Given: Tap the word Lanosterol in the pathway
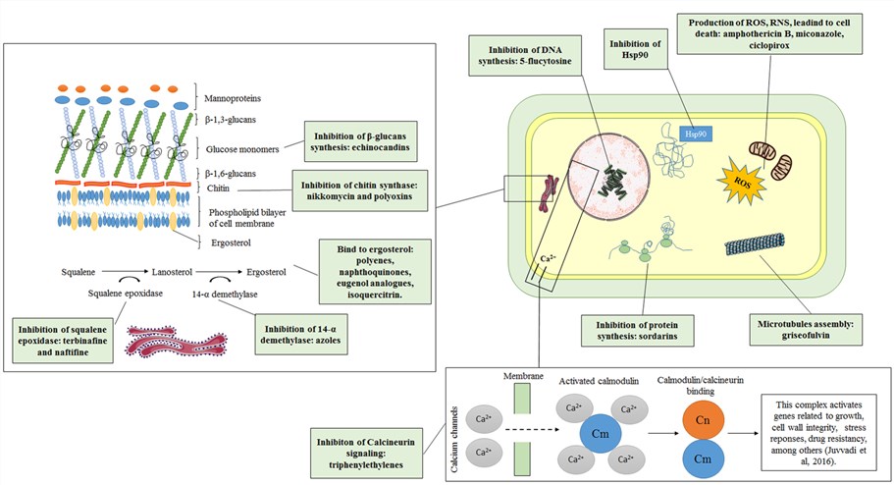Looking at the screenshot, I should (x=175, y=270).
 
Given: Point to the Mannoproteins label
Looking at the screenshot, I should (x=233, y=97).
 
